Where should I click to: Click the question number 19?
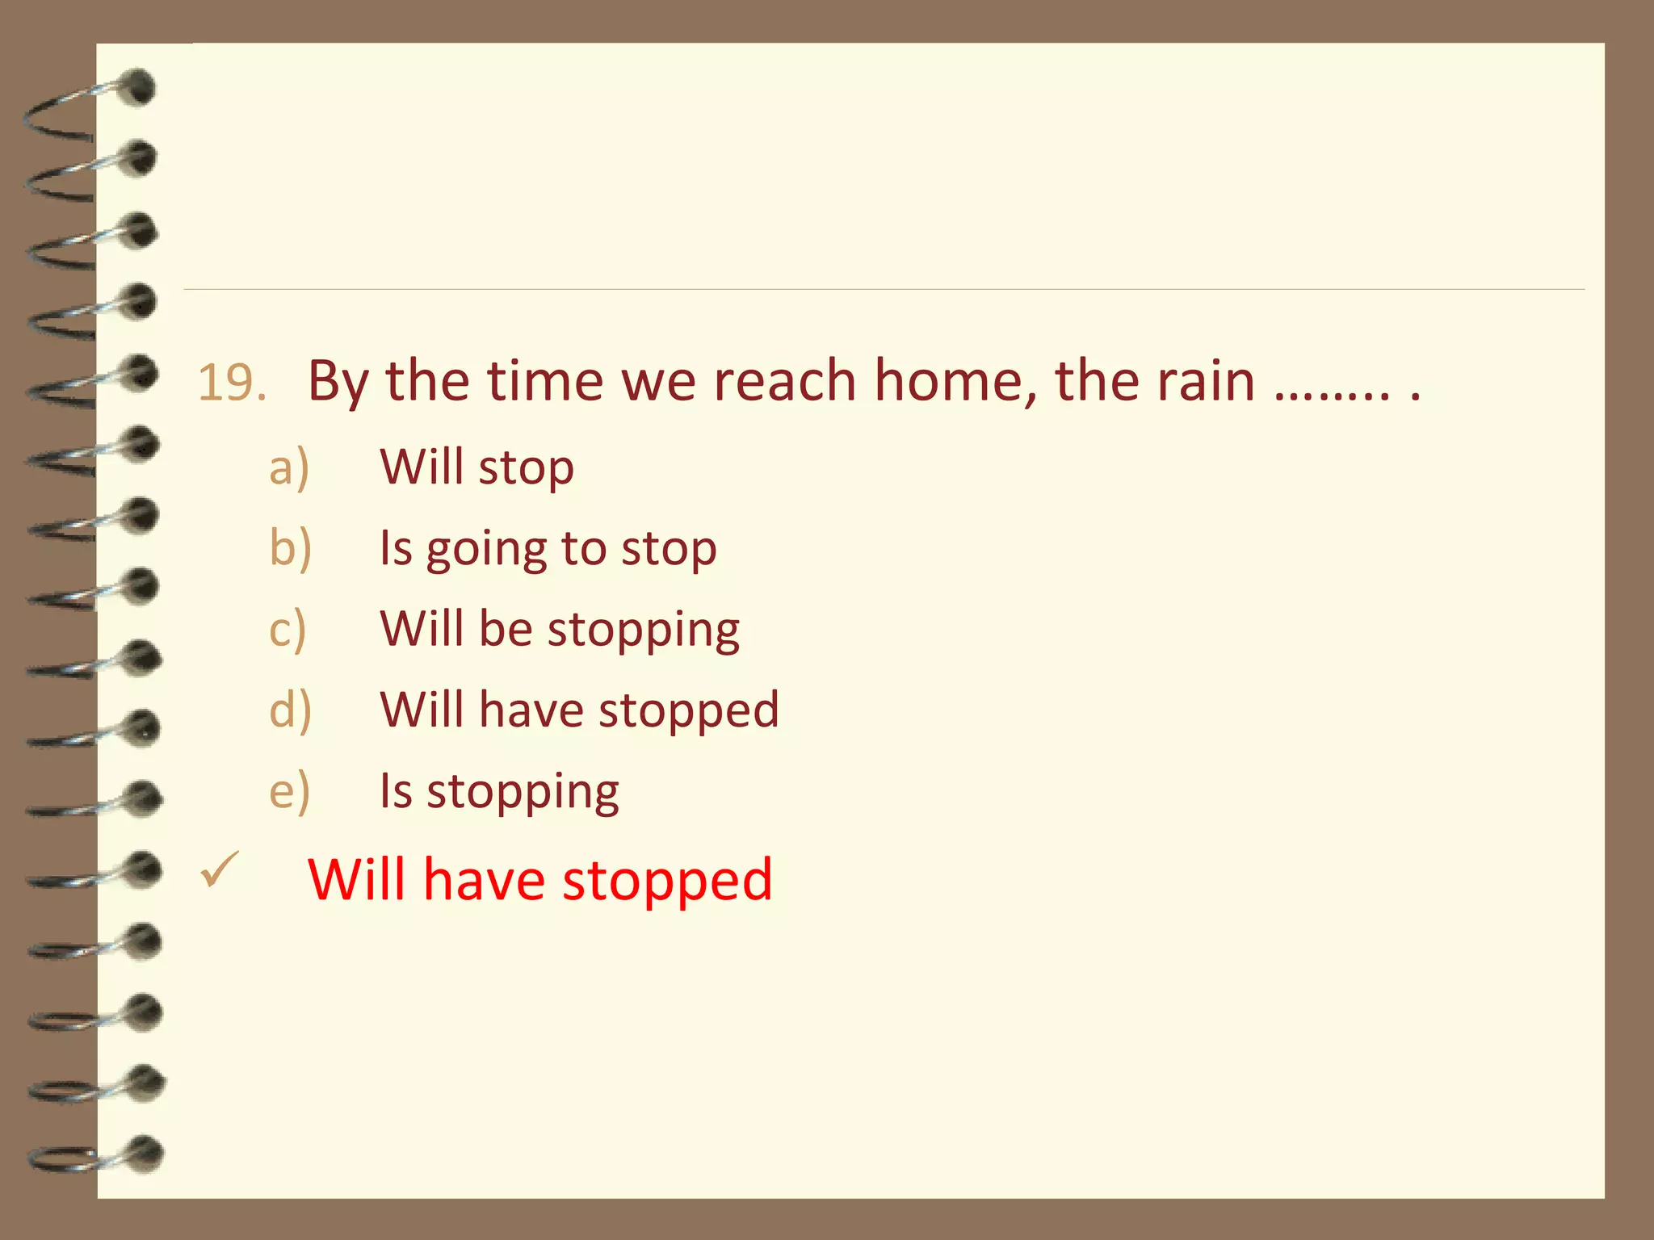[x=232, y=383]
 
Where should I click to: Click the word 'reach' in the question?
[x=783, y=381]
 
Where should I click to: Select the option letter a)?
[x=289, y=468]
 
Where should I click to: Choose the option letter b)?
[x=290, y=549]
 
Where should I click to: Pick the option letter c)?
[x=288, y=630]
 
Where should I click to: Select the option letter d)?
[x=290, y=710]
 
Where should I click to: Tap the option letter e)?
[x=289, y=791]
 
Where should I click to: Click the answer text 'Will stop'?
[x=476, y=468]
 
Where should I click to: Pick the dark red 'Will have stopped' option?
[x=579, y=710]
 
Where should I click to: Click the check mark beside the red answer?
[x=220, y=870]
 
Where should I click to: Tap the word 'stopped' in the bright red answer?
[x=667, y=880]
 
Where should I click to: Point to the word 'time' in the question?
[x=544, y=381]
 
